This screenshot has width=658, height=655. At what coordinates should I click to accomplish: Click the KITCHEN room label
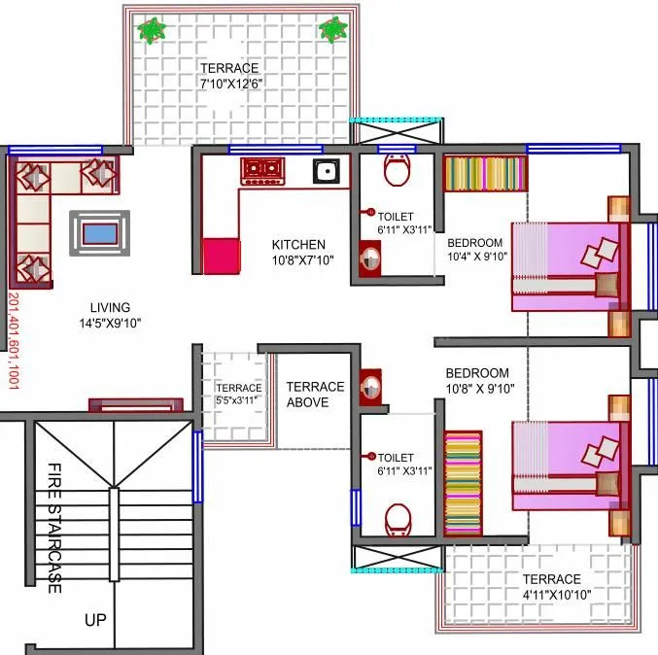point(298,245)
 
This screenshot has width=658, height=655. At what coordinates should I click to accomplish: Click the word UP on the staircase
point(95,618)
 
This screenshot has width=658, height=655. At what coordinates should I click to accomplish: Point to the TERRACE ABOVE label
point(314,394)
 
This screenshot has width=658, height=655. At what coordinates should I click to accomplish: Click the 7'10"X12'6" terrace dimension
point(230,85)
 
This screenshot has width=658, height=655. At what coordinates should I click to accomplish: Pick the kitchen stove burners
point(261,171)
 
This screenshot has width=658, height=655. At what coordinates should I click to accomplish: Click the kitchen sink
point(326,173)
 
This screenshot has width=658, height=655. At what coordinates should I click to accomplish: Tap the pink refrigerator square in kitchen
point(221,256)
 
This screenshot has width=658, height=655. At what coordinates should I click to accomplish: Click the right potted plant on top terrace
point(333,29)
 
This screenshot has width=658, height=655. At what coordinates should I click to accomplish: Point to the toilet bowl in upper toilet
point(397,171)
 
